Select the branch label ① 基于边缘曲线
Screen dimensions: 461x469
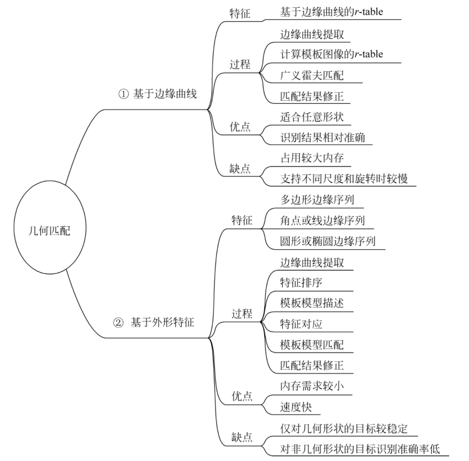[x=157, y=94]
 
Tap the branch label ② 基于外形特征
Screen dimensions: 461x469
[x=154, y=322]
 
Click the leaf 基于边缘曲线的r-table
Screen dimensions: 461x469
[x=331, y=12]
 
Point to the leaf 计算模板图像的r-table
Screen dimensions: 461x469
[x=331, y=54]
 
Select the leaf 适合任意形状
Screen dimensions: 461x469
[x=312, y=116]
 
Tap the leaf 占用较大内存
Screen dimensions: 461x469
[x=312, y=158]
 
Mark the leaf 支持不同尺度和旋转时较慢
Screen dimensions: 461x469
[x=344, y=179]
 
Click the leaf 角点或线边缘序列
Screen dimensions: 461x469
[x=322, y=221]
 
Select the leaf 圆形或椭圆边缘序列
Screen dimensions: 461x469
[x=327, y=241]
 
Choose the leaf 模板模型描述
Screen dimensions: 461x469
[x=312, y=304]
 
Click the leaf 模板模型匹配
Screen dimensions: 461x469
[x=312, y=345]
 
